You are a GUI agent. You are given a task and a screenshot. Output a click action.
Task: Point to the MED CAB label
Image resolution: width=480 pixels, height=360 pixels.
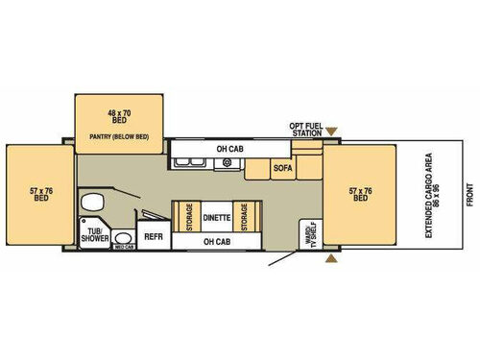123,247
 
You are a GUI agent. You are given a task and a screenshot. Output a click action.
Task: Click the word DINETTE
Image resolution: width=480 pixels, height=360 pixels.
217,218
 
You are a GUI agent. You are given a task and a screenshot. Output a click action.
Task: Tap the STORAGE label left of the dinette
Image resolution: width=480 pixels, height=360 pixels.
188,217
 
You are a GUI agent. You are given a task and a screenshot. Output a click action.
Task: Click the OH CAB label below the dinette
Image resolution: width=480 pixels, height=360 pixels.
216,241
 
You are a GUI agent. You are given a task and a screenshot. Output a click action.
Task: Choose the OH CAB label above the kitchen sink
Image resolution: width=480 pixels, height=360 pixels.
228,149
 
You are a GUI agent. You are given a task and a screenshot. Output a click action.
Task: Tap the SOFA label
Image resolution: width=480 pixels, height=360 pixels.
282,168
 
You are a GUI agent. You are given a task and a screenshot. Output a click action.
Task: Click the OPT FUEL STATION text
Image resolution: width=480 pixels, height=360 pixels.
306,129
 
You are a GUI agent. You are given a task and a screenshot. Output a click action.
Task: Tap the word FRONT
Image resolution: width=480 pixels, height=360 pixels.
470,198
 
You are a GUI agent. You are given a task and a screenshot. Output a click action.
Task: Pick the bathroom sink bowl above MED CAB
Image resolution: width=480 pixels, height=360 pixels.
122,235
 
